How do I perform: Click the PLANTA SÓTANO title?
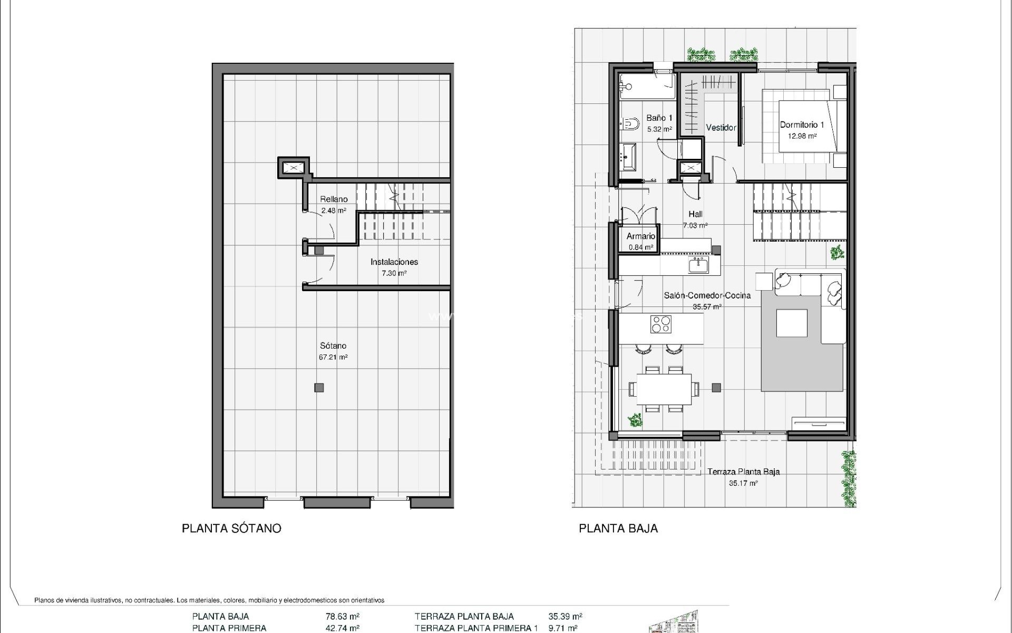pos(231,528)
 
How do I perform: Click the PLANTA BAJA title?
pos(618,528)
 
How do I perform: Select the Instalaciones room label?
pos(394,262)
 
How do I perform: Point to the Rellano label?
pos(334,199)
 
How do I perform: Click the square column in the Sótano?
pos(319,388)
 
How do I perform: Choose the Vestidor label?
pos(721,128)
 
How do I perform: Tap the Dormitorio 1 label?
pos(802,125)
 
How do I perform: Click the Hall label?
pos(695,214)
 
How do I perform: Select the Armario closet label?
pos(641,236)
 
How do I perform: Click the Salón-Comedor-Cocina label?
pos(707,295)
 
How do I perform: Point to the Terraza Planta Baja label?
pos(743,472)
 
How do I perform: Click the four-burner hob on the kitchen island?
pos(661,324)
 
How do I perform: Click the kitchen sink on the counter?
pos(698,265)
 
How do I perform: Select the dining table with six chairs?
pos(664,389)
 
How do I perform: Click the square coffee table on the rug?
pos(792,323)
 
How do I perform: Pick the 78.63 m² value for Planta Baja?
pos(343,616)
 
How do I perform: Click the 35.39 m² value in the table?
pos(565,616)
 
